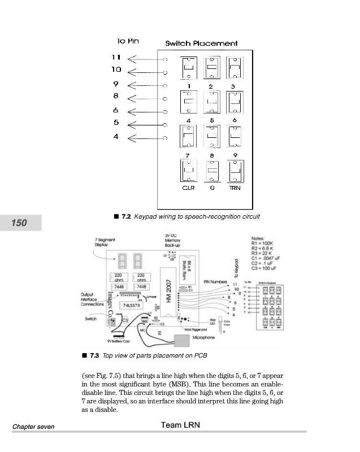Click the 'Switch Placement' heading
pyautogui.click(x=201, y=44)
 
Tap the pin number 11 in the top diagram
pyautogui.click(x=116, y=58)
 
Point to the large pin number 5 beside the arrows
pyautogui.click(x=116, y=123)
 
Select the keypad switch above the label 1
pyautogui.click(x=188, y=69)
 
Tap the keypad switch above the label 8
pyautogui.click(x=211, y=136)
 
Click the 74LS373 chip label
pyautogui.click(x=125, y=306)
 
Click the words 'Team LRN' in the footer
pyautogui.click(x=180, y=424)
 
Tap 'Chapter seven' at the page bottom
pyautogui.click(x=33, y=427)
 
